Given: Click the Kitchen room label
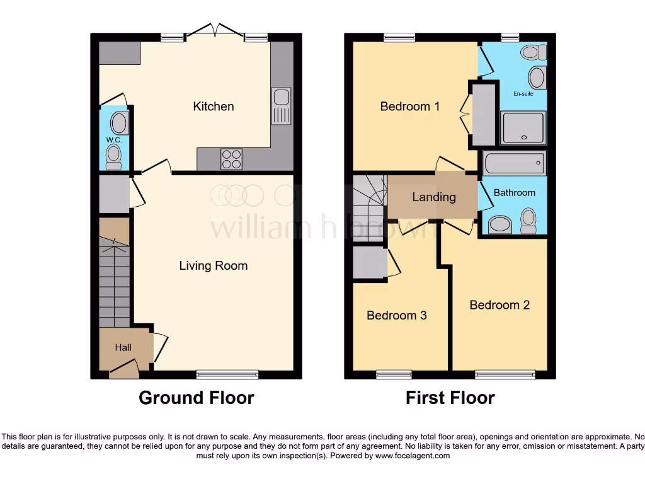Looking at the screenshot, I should coord(213,107).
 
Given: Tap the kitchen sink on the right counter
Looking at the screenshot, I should coord(282,105).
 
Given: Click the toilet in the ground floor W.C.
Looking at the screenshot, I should coord(114,156).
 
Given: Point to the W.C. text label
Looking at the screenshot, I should coord(114,139).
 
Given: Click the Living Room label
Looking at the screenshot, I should coord(214,265).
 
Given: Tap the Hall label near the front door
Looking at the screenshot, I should coord(123,347).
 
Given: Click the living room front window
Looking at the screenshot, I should coord(227,374).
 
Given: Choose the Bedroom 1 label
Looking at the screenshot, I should coord(410,107).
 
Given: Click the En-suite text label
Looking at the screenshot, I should coord(523,93).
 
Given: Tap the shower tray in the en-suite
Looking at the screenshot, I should coord(522,128).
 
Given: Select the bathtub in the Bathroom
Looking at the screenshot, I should coord(514,164).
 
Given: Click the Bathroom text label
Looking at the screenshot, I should coord(514,193).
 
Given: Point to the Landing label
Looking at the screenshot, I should coord(434,197).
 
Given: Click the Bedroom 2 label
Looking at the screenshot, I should coord(499,305).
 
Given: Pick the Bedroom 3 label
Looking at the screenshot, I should coord(397,315).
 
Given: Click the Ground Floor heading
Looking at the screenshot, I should coord(196,398).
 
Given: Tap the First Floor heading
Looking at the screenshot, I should coord(450,398).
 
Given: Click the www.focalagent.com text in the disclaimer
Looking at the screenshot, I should coord(412,455).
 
